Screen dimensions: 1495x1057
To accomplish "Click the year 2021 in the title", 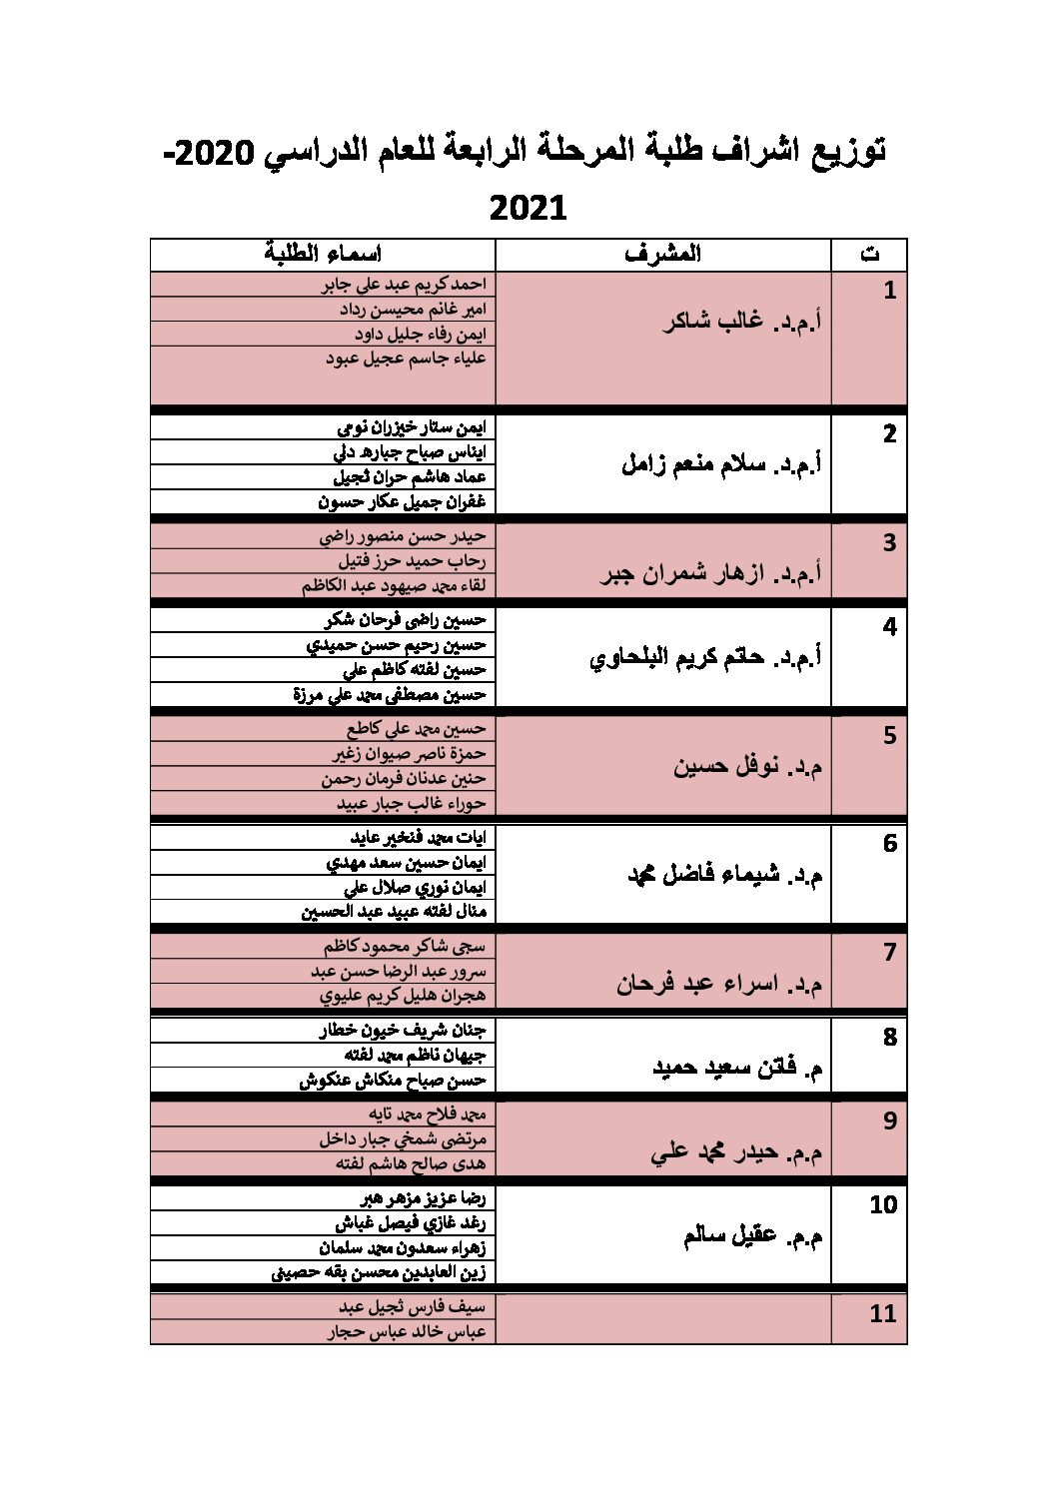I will click(528, 209).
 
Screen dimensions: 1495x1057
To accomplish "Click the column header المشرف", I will click(662, 254).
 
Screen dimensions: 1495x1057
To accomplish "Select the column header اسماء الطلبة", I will click(323, 254).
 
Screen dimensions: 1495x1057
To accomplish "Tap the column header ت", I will click(869, 254).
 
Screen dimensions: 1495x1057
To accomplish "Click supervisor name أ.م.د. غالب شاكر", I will click(742, 322).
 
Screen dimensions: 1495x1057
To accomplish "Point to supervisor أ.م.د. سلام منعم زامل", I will click(721, 463).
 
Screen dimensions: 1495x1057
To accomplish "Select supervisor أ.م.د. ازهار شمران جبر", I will click(710, 573).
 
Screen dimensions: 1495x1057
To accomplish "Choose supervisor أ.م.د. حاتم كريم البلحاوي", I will click(706, 657).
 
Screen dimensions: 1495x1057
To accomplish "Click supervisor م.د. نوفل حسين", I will click(748, 767).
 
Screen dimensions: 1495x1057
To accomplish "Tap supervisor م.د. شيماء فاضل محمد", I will click(724, 875).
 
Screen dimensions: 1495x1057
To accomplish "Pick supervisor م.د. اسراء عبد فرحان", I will click(719, 984).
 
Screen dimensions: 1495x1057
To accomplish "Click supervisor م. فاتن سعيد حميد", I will click(738, 1068).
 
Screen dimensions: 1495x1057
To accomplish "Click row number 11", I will click(882, 1313).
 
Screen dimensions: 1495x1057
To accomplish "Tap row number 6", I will click(889, 844).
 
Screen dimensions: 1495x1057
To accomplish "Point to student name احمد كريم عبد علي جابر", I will click(404, 285).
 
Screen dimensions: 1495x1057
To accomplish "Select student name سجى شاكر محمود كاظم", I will click(404, 946).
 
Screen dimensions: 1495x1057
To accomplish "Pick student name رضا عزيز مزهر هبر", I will click(422, 1198).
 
